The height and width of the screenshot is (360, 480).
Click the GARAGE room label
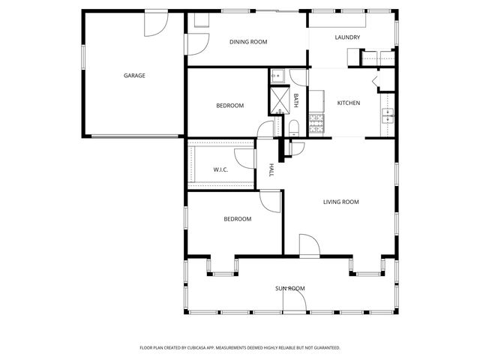pyautogui.click(x=134, y=75)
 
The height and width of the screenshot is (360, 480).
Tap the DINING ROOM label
pyautogui.click(x=248, y=42)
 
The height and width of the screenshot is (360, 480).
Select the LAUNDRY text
pyautogui.click(x=348, y=37)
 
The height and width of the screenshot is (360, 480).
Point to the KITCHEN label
pyautogui.click(x=349, y=103)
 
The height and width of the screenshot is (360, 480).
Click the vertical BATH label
pyautogui.click(x=296, y=98)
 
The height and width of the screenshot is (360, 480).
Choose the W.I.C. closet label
pyautogui.click(x=220, y=169)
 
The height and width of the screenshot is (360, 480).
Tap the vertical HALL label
pyautogui.click(x=271, y=170)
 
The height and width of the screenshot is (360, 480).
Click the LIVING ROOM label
pyautogui.click(x=340, y=202)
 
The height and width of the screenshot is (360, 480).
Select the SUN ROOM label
pyautogui.click(x=289, y=288)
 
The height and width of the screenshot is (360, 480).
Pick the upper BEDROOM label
pyautogui.click(x=229, y=106)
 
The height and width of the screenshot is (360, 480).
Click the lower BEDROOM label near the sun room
pyautogui.click(x=237, y=219)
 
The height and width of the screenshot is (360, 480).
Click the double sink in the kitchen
pyautogui.click(x=388, y=115)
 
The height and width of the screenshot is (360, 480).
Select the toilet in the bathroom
pyautogui.click(x=294, y=125)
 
